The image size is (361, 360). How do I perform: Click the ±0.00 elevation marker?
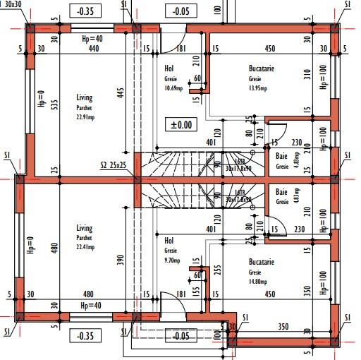point(181,125)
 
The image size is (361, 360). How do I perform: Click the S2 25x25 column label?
point(114,166)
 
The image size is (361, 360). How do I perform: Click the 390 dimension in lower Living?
point(121,260)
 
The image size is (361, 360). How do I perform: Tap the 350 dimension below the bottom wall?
point(283,327)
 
